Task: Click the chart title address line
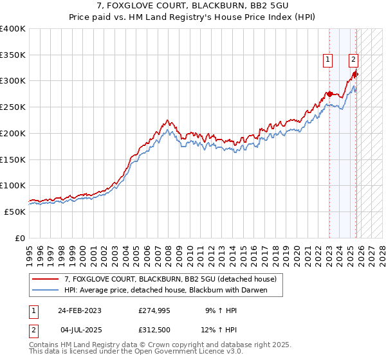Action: (193, 7)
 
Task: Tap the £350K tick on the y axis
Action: (13, 55)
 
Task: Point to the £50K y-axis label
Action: (15, 212)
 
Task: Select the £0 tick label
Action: (20, 238)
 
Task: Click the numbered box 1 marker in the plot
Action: (328, 60)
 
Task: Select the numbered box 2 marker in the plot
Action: (353, 60)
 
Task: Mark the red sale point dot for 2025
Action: (354, 75)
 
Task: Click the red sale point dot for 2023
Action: (329, 94)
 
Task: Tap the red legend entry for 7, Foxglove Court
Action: (170, 279)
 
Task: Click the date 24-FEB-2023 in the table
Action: (80, 310)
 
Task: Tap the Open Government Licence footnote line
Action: (136, 352)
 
